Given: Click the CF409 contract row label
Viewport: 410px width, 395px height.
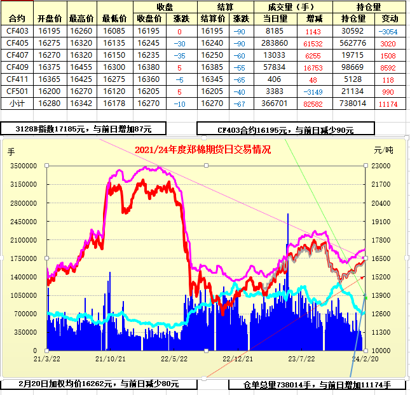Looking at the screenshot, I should coord(17,67).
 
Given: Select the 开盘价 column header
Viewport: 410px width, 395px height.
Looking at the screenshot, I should coord(50,19).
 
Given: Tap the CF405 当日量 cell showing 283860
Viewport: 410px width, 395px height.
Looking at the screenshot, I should coord(275,43).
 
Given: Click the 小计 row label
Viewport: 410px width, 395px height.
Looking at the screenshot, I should coord(17,103).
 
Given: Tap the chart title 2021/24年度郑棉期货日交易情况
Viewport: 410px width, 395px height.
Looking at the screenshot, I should coord(203,150).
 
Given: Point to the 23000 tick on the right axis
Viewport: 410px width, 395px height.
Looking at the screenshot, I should coord(382,166).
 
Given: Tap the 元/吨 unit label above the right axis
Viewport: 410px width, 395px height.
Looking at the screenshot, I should coord(383,151).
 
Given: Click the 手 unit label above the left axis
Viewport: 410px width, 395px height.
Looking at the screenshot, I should coord(10,152).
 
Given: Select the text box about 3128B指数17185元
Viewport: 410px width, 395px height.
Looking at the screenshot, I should coord(83,129).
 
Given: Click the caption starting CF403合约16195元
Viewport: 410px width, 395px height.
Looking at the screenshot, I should coord(285,130).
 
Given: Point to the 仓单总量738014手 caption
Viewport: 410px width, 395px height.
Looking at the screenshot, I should coord(316,385).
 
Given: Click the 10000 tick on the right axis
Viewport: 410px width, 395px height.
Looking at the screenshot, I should coord(382,351).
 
